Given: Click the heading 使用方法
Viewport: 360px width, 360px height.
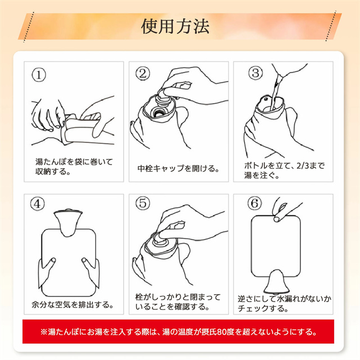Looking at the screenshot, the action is coord(175,26).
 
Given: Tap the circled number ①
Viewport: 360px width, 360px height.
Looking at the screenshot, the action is coord(39,75).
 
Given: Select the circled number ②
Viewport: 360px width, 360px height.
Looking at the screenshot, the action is coord(142,74).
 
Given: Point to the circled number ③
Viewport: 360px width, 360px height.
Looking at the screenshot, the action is coord(255,73).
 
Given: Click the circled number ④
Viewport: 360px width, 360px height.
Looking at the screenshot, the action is coord(38,204).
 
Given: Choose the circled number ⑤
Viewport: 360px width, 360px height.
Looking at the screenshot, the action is coord(142,203).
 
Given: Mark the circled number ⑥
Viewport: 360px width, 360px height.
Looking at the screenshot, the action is coord(255,203).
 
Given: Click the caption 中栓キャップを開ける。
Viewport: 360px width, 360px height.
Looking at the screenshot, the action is coord(178,169).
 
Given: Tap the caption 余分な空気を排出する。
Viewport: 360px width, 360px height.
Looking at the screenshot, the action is coord(73,305).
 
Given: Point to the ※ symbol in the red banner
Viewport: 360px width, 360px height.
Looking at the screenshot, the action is coord(44,332).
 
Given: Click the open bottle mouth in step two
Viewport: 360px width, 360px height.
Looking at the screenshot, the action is coord(158,112).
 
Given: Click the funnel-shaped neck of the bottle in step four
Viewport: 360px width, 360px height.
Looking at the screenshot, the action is coord(68,223).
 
